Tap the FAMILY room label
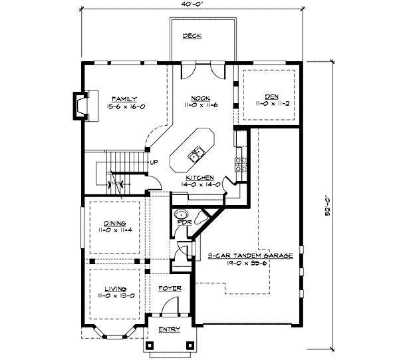click(124, 98)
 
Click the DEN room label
click(271, 97)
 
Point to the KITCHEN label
click(199, 178)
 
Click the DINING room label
click(115, 224)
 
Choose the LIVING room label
click(114, 289)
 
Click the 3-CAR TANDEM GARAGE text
click(250, 255)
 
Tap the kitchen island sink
click(196, 156)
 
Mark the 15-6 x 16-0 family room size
click(124, 104)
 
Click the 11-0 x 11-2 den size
click(271, 104)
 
